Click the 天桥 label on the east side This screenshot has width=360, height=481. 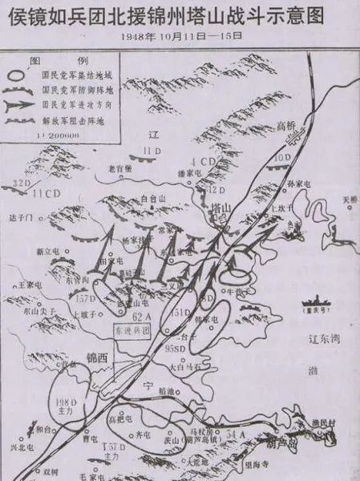350,199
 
